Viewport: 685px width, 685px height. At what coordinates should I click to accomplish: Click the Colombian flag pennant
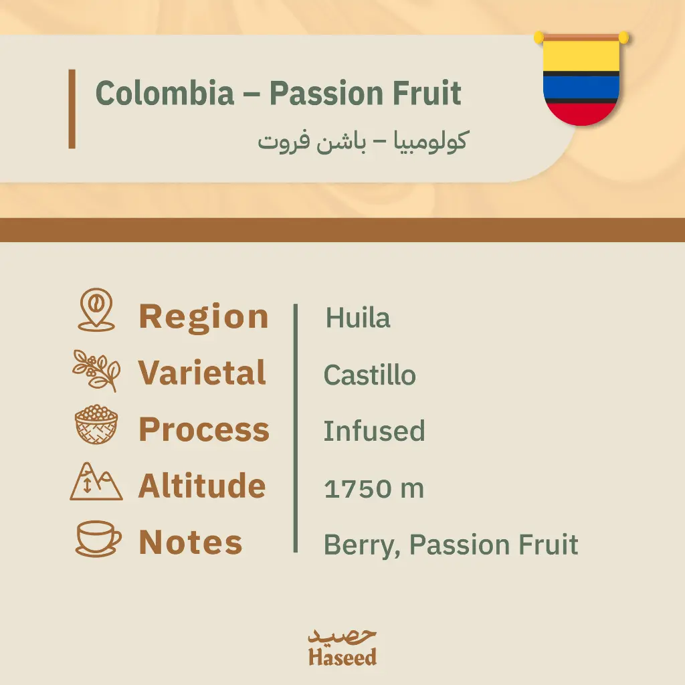pyautogui.click(x=581, y=79)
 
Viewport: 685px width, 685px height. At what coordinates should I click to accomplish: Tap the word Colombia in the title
pyautogui.click(x=165, y=93)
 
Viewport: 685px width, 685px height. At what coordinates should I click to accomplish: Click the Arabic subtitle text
pyautogui.click(x=363, y=141)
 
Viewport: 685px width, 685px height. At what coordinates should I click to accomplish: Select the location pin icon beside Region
pyautogui.click(x=96, y=310)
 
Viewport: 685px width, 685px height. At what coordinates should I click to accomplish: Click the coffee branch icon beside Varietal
pyautogui.click(x=96, y=371)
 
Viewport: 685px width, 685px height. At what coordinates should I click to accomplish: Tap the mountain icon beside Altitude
pyautogui.click(x=96, y=482)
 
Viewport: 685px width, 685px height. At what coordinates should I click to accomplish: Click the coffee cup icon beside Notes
pyautogui.click(x=98, y=539)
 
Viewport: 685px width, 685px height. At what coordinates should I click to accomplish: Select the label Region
pyautogui.click(x=203, y=317)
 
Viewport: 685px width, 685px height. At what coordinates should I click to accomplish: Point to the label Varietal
pyautogui.click(x=202, y=373)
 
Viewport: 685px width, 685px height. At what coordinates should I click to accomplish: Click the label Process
pyautogui.click(x=204, y=430)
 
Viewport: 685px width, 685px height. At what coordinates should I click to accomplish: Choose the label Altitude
pyautogui.click(x=202, y=486)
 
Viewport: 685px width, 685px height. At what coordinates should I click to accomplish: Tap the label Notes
pyautogui.click(x=191, y=542)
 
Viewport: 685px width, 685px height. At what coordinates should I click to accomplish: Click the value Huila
pyautogui.click(x=358, y=318)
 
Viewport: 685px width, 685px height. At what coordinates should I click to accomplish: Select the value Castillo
pyautogui.click(x=369, y=375)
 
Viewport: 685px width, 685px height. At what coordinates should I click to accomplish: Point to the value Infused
pyautogui.click(x=375, y=431)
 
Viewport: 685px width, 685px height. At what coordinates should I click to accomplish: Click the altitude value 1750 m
pyautogui.click(x=374, y=488)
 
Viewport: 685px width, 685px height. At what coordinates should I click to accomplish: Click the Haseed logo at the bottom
pyautogui.click(x=342, y=648)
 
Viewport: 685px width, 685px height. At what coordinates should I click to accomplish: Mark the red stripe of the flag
pyautogui.click(x=581, y=114)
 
